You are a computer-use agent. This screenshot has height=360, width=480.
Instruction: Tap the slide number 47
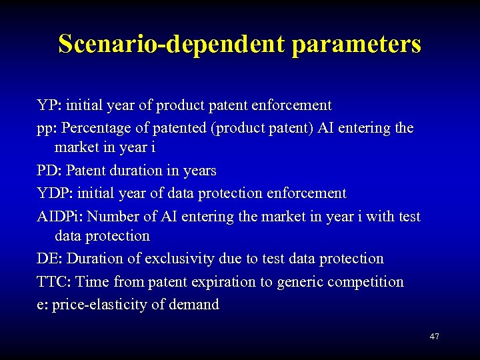click(x=434, y=337)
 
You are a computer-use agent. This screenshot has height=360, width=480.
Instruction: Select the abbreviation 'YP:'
click(x=48, y=105)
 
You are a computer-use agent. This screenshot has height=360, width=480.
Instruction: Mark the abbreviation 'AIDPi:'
click(x=60, y=216)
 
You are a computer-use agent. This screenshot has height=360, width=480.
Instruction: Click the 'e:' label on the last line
click(x=42, y=305)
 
